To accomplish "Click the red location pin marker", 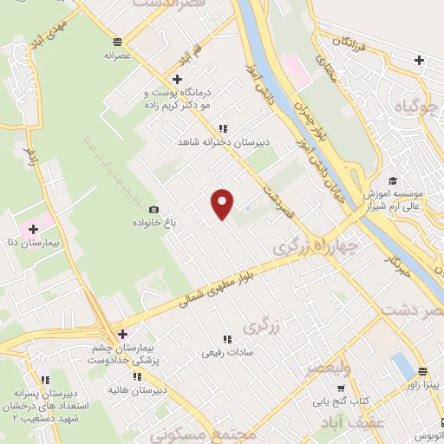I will pos(223,204).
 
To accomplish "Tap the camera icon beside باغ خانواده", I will pos(154,209).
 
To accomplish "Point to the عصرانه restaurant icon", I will pos(117,40).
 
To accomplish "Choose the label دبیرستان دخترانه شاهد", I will pos(225,140).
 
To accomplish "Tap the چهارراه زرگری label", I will pos(316,242).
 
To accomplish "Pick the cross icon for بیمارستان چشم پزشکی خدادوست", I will pos(122,334).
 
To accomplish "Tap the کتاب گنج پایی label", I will pos(339,402).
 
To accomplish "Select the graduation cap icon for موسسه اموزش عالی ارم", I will pos(392,180).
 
